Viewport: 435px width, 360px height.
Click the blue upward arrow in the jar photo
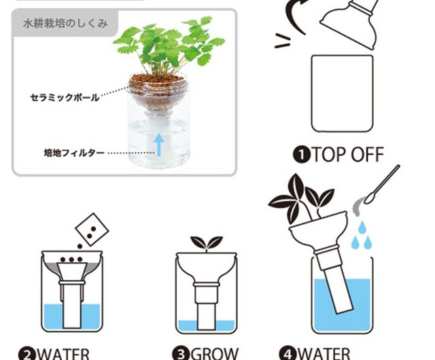click(x=159, y=143)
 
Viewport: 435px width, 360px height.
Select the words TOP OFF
click(x=347, y=155)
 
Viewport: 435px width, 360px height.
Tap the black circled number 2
click(x=27, y=353)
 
